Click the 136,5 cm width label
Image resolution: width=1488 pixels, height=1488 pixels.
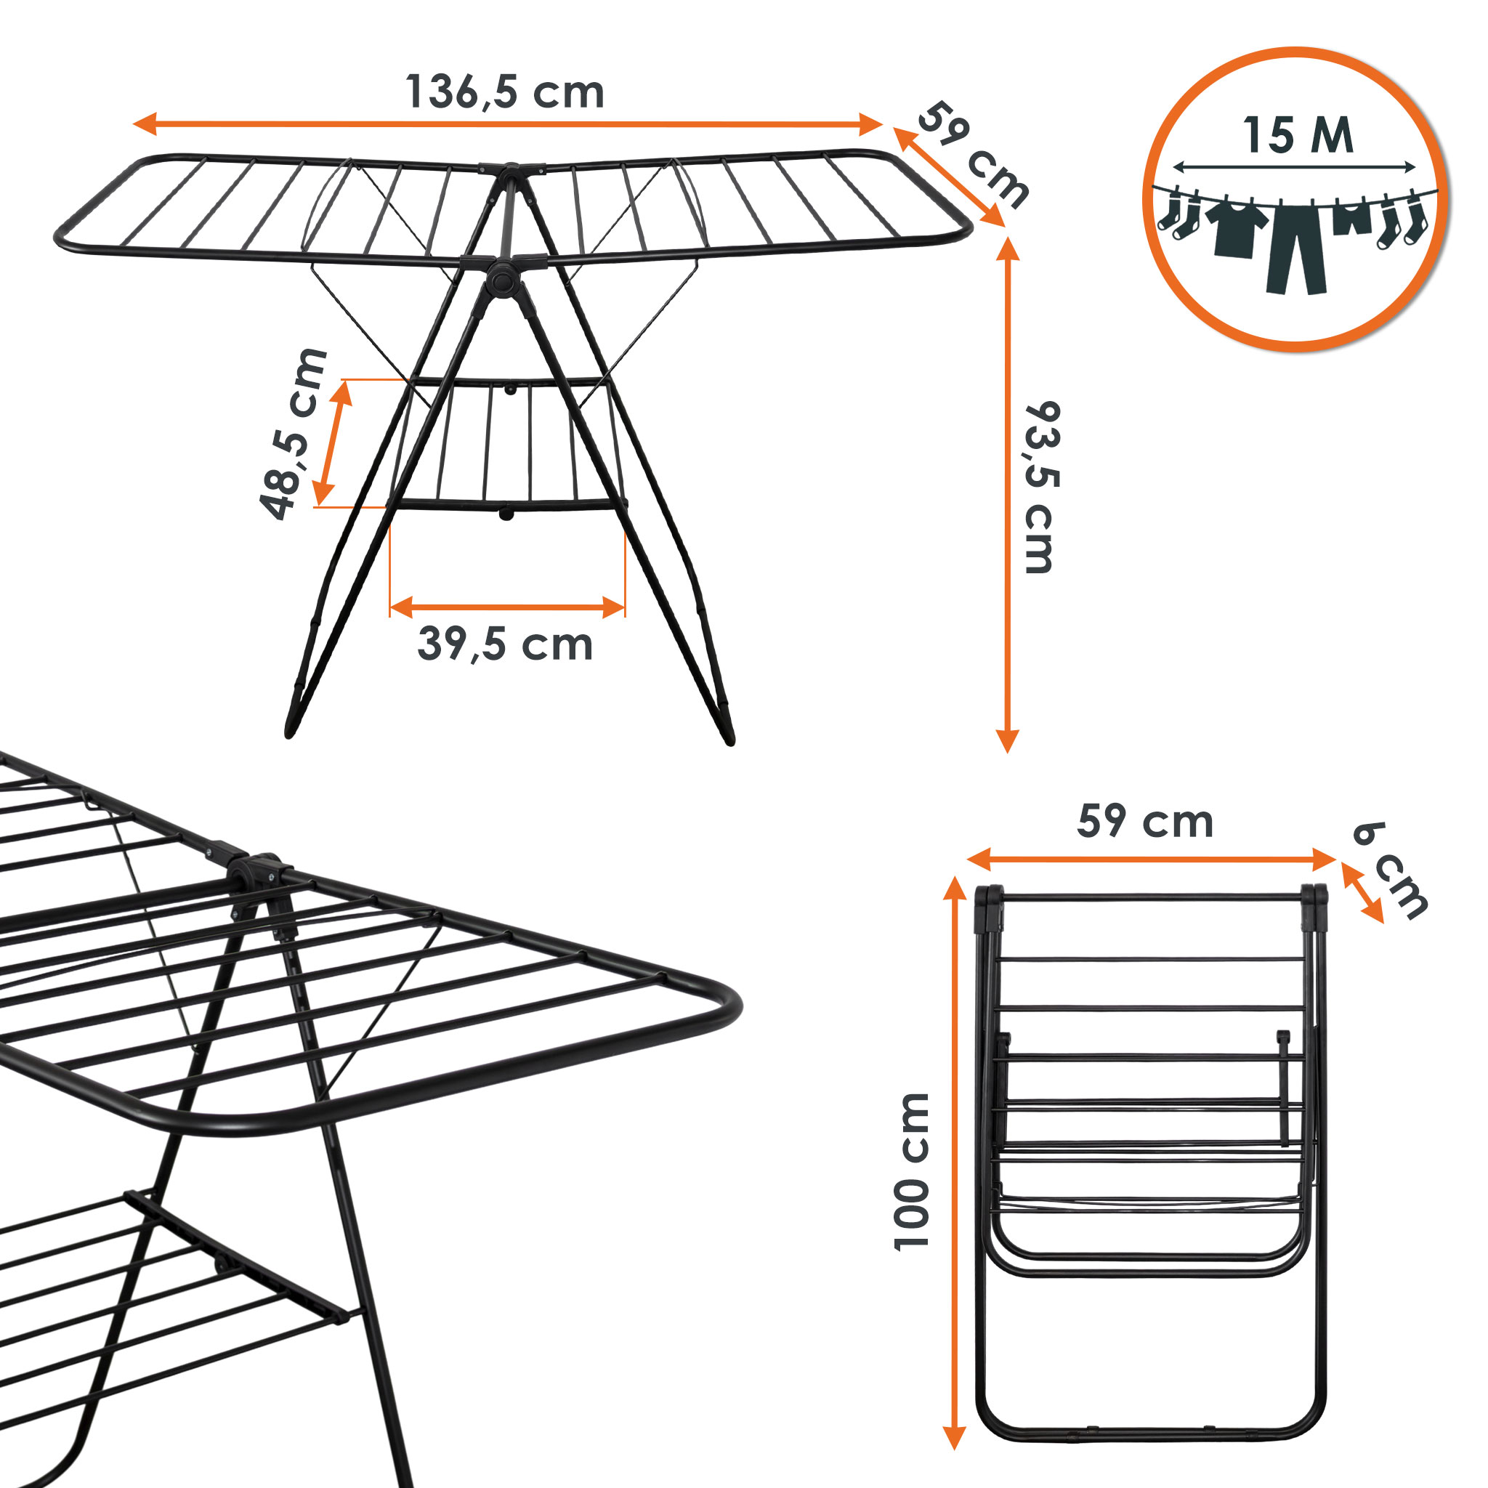504,93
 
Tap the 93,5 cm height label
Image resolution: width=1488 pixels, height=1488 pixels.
1043,488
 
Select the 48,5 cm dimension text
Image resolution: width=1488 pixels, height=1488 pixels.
294,434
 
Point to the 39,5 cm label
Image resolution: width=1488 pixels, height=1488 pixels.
505,644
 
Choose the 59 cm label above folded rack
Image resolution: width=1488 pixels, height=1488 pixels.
1145,821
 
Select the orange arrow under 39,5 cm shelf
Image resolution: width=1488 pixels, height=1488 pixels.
508,607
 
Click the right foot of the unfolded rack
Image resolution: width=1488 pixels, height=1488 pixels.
727,732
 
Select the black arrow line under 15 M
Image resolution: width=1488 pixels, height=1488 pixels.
1295,166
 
